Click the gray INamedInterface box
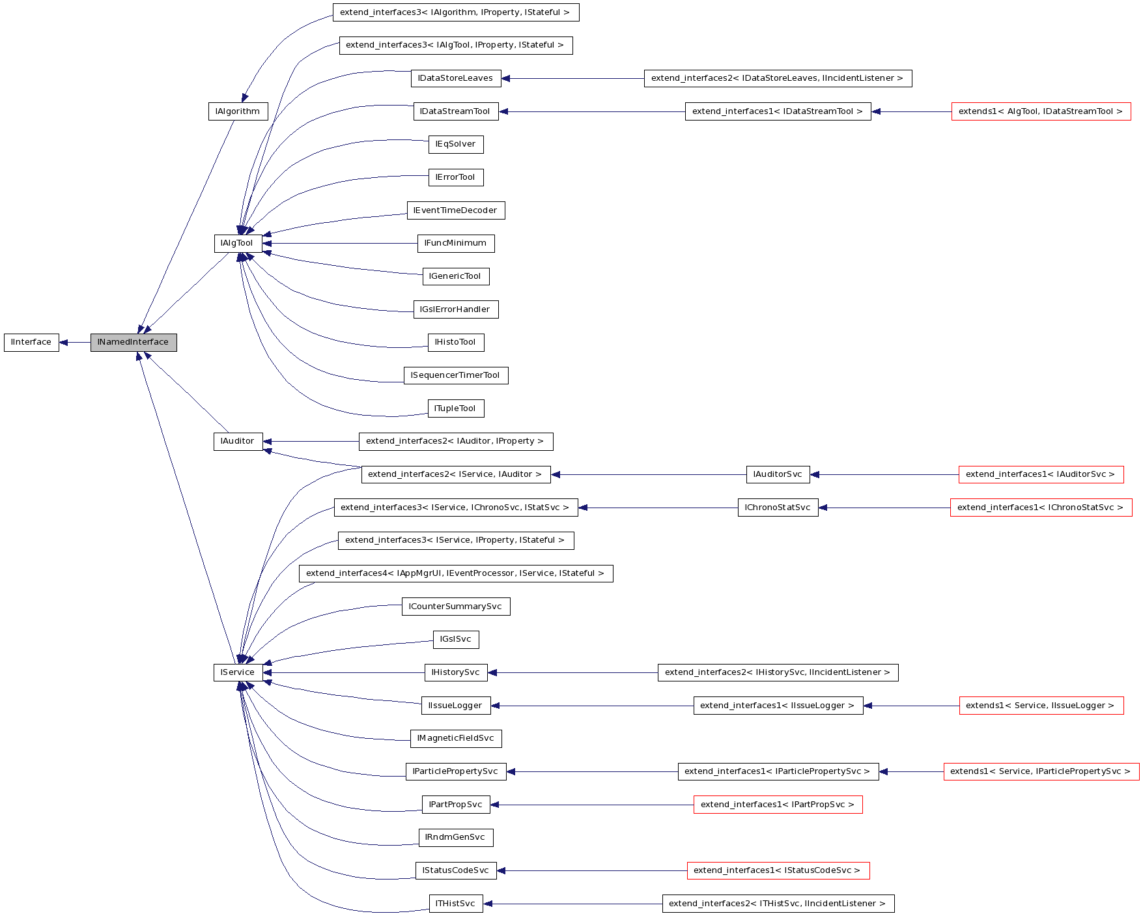[x=134, y=343]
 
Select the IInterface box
[x=31, y=343]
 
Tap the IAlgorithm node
[x=238, y=111]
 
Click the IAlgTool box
[x=238, y=244]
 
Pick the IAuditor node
[x=238, y=442]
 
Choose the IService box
[x=238, y=673]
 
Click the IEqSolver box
[x=456, y=145]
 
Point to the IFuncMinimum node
[x=456, y=244]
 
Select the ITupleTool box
[x=456, y=409]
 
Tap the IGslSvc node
[x=456, y=640]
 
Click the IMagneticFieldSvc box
[x=456, y=739]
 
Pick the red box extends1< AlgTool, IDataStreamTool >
[x=1041, y=111]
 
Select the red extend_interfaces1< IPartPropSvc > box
[x=778, y=805]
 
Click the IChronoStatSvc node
[x=778, y=508]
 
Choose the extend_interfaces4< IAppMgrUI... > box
[x=456, y=574]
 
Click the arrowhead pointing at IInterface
[x=64, y=343]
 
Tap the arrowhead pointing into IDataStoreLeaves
[x=506, y=79]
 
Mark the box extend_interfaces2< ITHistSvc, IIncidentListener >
[x=778, y=904]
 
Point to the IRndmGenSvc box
[x=456, y=838]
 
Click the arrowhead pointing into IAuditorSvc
[x=815, y=475]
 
